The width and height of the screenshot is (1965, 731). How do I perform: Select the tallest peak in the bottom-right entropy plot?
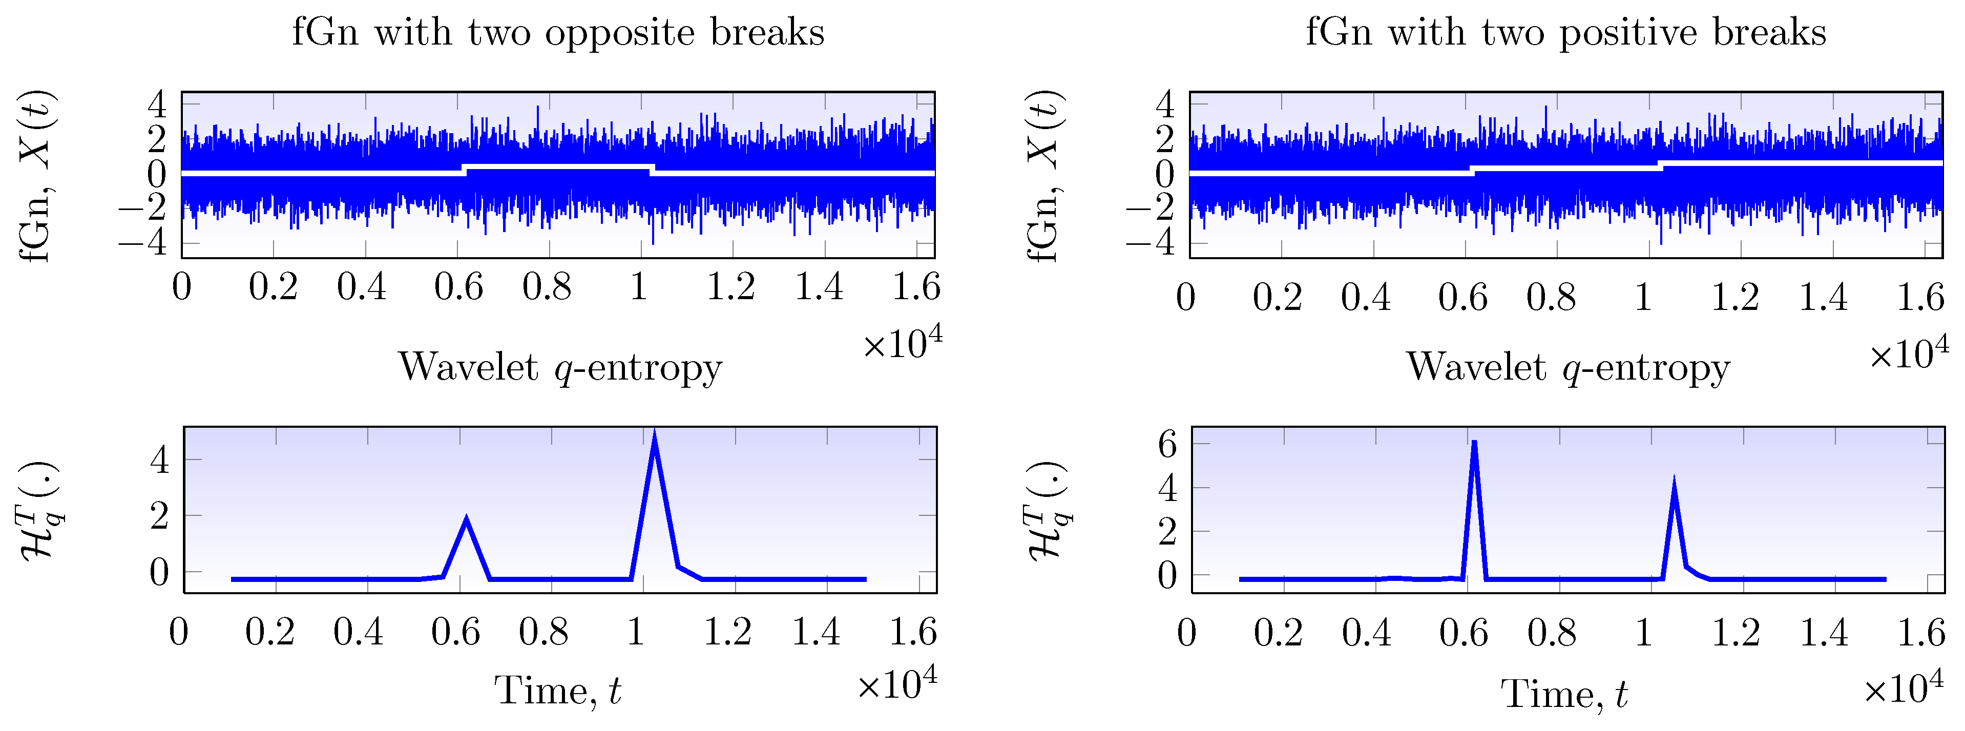1474,443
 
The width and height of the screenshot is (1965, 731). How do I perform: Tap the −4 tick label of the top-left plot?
142,244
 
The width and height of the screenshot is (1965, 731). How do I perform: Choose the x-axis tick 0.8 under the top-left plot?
547,288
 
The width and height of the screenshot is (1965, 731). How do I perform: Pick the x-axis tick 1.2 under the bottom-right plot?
1736,633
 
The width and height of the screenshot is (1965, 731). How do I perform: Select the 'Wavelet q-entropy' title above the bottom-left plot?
560,368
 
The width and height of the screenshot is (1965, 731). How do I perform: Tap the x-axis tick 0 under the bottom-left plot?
178,633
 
